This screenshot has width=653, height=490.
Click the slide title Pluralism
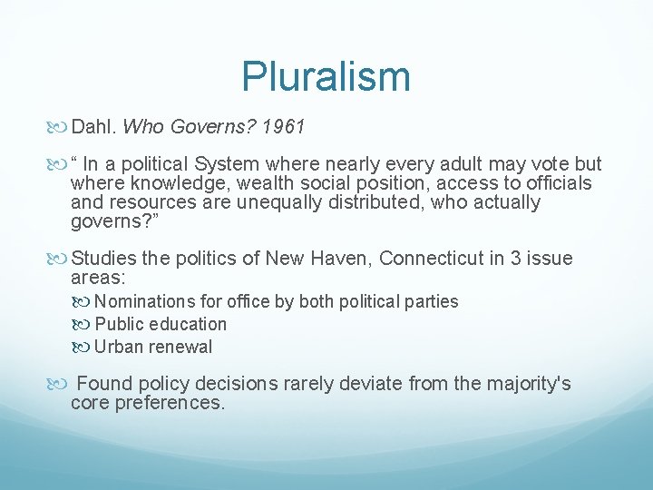pyautogui.click(x=326, y=76)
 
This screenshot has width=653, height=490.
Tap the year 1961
pyautogui.click(x=283, y=128)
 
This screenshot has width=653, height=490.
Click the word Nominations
pyautogui.click(x=142, y=301)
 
